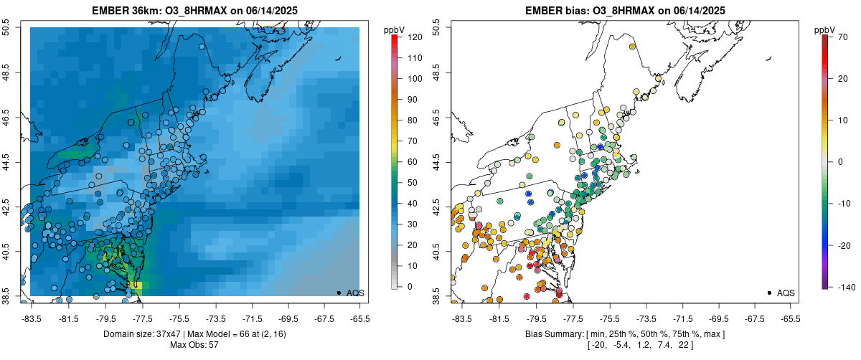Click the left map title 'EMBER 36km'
[128, 11]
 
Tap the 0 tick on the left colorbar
[409, 287]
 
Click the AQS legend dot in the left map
[338, 293]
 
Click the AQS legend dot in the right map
[768, 293]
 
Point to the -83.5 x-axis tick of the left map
[31, 318]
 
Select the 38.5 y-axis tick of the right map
[436, 295]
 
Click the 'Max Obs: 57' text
[194, 345]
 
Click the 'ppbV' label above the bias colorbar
[825, 29]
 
